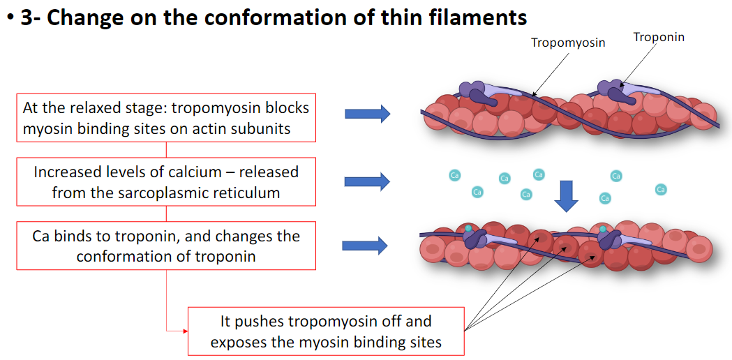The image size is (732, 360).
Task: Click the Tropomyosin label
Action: pos(567,43)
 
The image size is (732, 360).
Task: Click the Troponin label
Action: pos(659,37)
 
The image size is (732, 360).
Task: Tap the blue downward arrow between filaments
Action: pos(566,195)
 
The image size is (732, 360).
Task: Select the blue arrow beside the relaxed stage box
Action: pos(366,114)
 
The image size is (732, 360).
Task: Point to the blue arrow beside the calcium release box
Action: pos(366,182)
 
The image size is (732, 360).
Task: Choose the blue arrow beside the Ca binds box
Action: pos(364,245)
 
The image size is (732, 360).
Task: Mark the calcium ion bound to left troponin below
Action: pos(468,228)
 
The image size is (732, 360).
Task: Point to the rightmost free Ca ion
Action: pos(660,189)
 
